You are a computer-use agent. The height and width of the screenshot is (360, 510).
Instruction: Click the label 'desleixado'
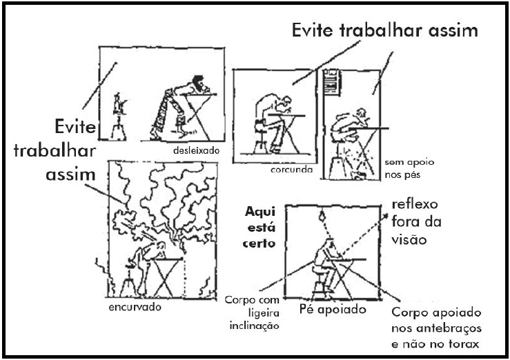[196, 151]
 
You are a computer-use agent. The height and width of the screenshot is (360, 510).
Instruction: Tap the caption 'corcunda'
[291, 169]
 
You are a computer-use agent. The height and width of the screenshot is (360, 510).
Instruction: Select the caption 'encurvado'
[135, 307]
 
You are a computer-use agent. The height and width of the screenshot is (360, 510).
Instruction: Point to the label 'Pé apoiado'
[333, 309]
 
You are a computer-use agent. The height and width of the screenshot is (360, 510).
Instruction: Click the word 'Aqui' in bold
[260, 212]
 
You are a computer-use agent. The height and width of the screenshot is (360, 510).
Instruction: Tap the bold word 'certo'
[259, 243]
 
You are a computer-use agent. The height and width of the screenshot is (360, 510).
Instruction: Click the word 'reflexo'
[415, 204]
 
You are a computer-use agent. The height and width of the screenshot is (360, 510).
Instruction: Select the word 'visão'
[409, 239]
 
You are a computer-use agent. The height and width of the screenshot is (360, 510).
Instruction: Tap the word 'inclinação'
[255, 326]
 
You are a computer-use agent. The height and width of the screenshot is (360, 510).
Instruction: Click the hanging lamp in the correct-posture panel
[322, 214]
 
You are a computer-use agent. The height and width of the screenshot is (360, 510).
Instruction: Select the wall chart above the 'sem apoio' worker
[331, 82]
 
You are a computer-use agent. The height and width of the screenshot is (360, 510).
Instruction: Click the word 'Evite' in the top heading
[312, 30]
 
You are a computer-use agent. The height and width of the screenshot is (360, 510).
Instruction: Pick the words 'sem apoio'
[409, 162]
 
